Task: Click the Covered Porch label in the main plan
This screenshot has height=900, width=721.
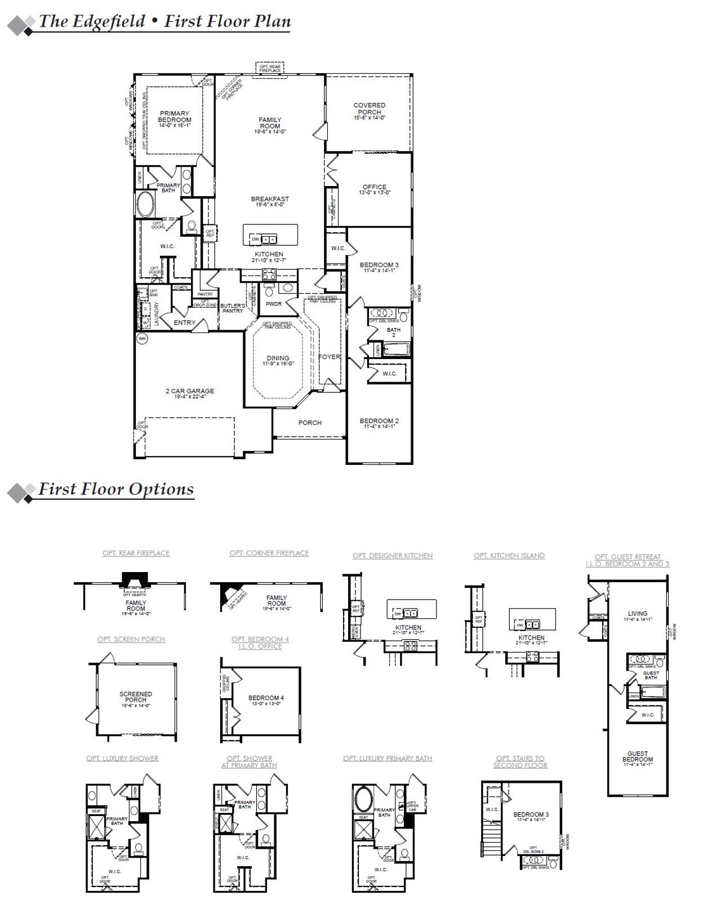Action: [369, 109]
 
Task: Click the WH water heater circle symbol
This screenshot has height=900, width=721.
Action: [142, 338]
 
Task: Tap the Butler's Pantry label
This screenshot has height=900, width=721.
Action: [232, 308]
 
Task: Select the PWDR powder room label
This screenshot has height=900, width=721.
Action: [274, 304]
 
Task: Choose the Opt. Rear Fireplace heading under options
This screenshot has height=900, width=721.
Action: [136, 553]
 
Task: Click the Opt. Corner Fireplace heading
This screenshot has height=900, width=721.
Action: [269, 553]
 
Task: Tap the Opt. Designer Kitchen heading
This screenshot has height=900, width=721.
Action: [393, 556]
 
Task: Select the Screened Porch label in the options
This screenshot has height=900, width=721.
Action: [135, 697]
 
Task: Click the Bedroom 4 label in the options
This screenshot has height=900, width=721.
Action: [266, 698]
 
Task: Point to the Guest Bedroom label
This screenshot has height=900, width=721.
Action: [638, 757]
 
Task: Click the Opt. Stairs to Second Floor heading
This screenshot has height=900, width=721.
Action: [520, 762]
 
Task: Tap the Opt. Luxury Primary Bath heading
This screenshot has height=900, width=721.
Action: [388, 759]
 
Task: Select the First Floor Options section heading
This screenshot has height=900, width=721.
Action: [115, 489]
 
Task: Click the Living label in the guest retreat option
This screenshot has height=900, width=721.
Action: [638, 614]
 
